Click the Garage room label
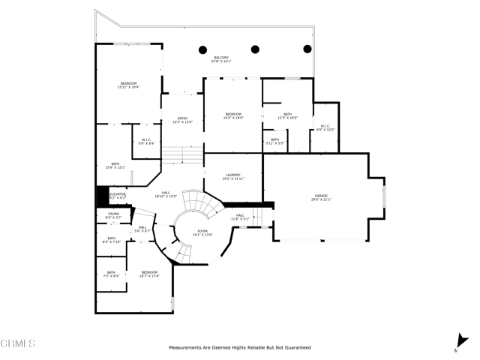pyautogui.click(x=321, y=198)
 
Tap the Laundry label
pyautogui.click(x=232, y=177)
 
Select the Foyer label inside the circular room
pyautogui.click(x=202, y=232)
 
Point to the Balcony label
pyautogui.click(x=221, y=59)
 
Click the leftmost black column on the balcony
pyautogui.click(x=202, y=49)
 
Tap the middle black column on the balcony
pyautogui.click(x=255, y=49)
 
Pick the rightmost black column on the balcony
pyautogui.click(x=307, y=49)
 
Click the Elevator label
pyautogui.click(x=118, y=196)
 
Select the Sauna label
pyautogui.click(x=113, y=215)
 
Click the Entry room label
pyautogui.click(x=182, y=120)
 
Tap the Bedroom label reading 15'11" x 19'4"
pyautogui.click(x=128, y=85)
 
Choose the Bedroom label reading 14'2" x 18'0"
pyautogui.click(x=233, y=115)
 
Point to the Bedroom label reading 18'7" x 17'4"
pyautogui.click(x=149, y=274)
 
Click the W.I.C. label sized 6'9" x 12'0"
pyautogui.click(x=325, y=127)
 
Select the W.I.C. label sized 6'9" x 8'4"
pyautogui.click(x=148, y=141)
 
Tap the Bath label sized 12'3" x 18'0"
pyautogui.click(x=288, y=115)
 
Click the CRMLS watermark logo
pyautogui.click(x=18, y=344)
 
